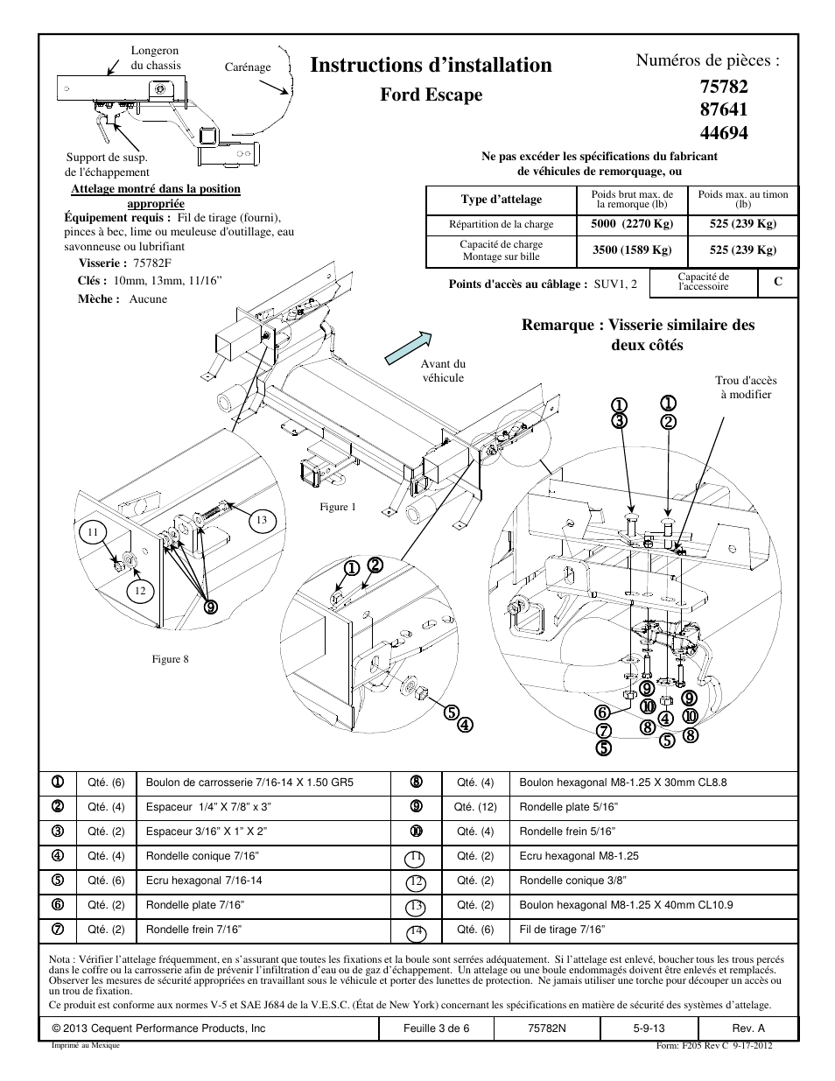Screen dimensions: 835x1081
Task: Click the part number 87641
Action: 724,109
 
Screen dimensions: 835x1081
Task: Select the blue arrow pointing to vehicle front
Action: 408,347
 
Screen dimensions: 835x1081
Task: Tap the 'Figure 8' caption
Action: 170,659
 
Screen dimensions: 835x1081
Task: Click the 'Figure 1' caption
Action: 338,507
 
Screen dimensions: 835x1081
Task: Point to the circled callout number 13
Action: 261,520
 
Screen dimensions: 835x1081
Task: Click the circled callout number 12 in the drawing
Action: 140,591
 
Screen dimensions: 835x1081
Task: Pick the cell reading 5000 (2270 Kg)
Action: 632,223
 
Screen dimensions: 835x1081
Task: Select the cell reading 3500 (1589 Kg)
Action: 632,249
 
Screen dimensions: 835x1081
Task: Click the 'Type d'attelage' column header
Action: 501,200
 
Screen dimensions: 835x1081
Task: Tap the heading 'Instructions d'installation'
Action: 431,65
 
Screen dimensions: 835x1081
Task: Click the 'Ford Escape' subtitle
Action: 432,95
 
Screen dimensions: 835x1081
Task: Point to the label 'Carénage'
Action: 248,67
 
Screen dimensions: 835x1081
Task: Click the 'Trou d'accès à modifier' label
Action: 746,388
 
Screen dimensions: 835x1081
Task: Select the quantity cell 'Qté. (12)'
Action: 475,807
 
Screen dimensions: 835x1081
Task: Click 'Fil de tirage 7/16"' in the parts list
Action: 562,930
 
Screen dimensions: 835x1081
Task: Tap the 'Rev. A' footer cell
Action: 748,1028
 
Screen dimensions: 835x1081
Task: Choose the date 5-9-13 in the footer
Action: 649,1028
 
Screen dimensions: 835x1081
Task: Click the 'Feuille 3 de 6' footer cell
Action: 436,1028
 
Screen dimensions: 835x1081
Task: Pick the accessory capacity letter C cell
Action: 778,282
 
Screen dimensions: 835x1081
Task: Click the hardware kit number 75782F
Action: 152,263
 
